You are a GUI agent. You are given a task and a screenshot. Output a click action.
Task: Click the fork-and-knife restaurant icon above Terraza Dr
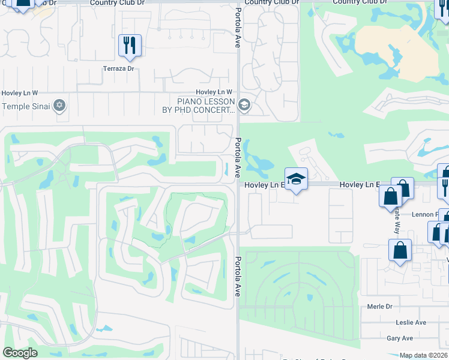(130, 46)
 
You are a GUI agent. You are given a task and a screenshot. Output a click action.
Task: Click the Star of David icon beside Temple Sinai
(59, 106)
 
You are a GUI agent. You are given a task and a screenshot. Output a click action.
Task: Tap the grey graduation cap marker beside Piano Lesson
(244, 106)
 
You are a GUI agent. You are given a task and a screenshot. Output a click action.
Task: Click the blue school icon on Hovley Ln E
(296, 179)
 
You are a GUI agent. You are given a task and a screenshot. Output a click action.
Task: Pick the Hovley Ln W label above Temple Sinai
(19, 93)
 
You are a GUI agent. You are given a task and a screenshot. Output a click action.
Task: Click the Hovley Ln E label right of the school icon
(360, 185)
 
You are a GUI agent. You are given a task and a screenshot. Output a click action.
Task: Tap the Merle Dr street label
(379, 307)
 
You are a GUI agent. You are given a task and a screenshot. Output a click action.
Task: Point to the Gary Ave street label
(400, 338)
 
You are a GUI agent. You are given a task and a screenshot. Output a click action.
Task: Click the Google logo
(20, 353)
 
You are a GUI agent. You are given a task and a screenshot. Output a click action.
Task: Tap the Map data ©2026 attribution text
(423, 355)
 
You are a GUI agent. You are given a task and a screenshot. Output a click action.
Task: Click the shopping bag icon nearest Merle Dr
(400, 251)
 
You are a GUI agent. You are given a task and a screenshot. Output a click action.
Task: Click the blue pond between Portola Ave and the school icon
(259, 161)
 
